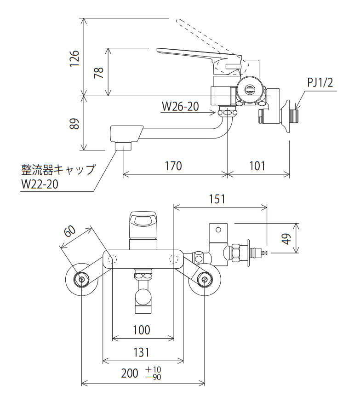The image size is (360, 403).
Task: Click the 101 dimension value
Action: (258, 166)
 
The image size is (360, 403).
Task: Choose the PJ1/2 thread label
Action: (320, 83)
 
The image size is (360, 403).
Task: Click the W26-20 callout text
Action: (180, 107)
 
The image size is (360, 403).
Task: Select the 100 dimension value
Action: (143, 330)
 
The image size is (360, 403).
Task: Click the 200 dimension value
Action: (130, 373)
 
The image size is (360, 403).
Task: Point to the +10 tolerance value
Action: (154, 369)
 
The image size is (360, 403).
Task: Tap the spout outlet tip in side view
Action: (123, 146)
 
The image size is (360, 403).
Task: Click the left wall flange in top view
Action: (82, 279)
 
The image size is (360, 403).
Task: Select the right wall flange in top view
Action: (204, 279)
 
